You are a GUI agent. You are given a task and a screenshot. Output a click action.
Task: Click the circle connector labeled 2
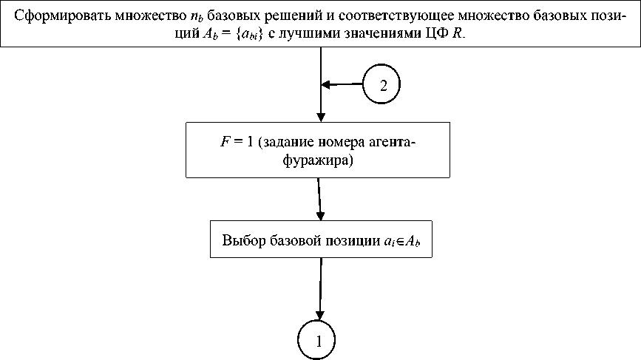tap(382, 85)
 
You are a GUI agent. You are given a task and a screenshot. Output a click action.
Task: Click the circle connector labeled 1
tap(319, 342)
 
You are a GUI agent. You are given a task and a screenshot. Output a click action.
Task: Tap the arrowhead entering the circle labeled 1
tap(319, 316)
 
